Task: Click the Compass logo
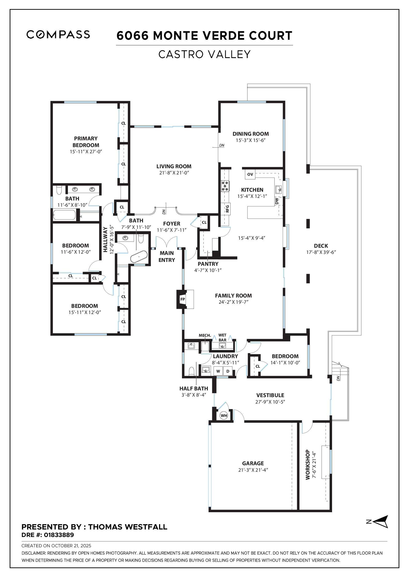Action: tap(58, 34)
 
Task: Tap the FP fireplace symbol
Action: tap(183, 299)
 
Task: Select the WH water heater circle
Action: tap(224, 415)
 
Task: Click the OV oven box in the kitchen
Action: tap(250, 174)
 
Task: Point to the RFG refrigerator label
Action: tap(227, 208)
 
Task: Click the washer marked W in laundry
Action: tap(218, 371)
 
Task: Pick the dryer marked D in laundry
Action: tap(228, 371)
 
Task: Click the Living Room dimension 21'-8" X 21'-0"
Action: tap(174, 173)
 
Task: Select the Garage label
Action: tap(253, 463)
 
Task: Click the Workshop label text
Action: tap(308, 464)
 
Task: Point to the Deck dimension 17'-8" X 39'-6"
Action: tap(321, 252)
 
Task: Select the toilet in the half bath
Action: tap(191, 371)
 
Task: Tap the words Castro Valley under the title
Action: tap(204, 54)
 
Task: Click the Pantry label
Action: tap(208, 264)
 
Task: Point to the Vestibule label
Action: tap(270, 395)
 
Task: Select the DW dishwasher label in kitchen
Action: tap(277, 201)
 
